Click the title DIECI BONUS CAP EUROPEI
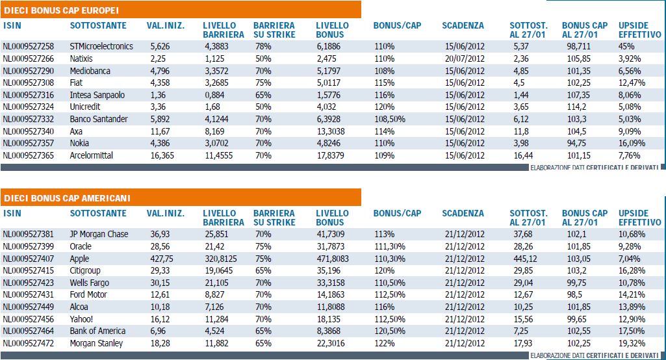tap(62, 10)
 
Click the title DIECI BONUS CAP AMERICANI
tap(67, 198)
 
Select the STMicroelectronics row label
tap(101, 46)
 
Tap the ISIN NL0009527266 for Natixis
tap(29, 58)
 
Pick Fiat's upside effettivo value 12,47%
tap(632, 83)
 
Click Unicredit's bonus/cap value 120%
tap(385, 107)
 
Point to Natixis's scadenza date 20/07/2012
tap(465, 58)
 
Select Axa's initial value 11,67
tap(160, 131)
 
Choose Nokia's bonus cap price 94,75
tap(577, 143)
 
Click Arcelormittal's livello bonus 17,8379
tap(331, 155)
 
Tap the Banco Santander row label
tap(99, 120)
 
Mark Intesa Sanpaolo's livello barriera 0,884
tap(215, 96)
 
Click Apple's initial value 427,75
tap(162, 259)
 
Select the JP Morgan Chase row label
tap(99, 234)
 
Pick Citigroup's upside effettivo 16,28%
tap(632, 271)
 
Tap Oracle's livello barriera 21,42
tap(214, 246)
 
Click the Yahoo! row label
tap(82, 319)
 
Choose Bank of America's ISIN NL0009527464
tap(29, 331)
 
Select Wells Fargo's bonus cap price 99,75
tap(577, 283)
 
